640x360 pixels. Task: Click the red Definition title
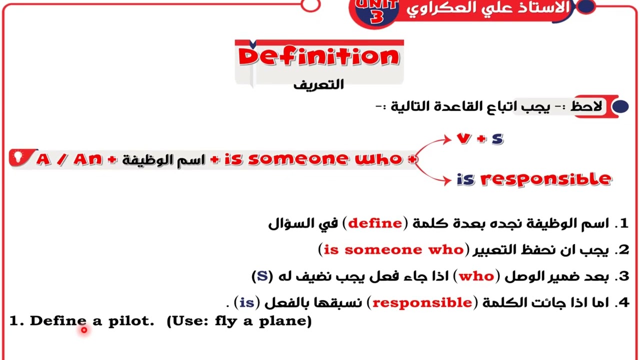pyautogui.click(x=319, y=57)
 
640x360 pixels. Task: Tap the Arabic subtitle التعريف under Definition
pyautogui.click(x=318, y=84)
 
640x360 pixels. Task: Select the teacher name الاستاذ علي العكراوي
pyautogui.click(x=487, y=8)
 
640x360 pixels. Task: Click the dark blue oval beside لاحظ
pyautogui.click(x=620, y=106)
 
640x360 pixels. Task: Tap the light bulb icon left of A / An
pyautogui.click(x=18, y=157)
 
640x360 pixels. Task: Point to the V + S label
pyautogui.click(x=480, y=139)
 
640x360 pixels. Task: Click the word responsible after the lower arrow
pyautogui.click(x=546, y=179)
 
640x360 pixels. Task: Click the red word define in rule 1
pyautogui.click(x=375, y=223)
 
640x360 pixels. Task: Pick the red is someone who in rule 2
pyautogui.click(x=393, y=249)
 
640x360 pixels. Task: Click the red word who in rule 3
pyautogui.click(x=476, y=276)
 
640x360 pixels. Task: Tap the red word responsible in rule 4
pyautogui.click(x=422, y=302)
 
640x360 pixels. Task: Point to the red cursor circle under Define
pyautogui.click(x=84, y=329)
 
